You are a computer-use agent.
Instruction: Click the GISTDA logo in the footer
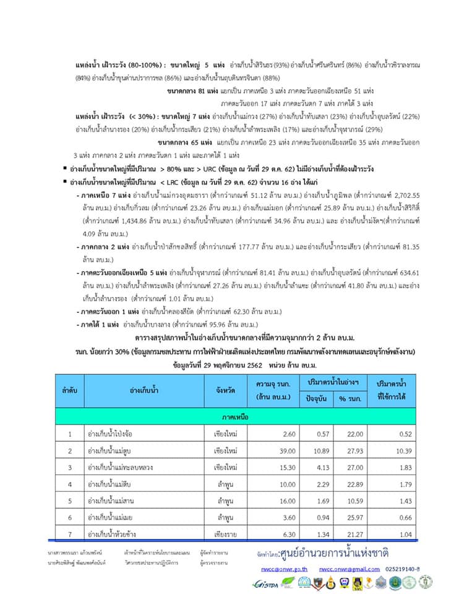pyautogui.click(x=265, y=583)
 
